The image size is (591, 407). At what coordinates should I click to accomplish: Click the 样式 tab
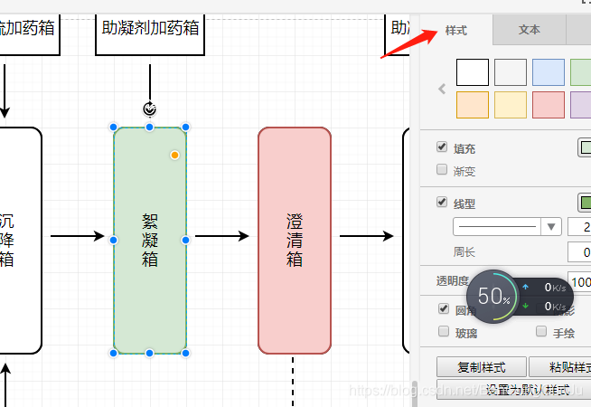tap(455, 30)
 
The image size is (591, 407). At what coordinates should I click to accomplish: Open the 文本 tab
tap(530, 30)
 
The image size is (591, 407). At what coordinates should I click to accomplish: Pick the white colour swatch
tap(473, 71)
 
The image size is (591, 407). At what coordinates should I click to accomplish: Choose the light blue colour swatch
tap(549, 71)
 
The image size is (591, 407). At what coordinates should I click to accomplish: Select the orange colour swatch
tap(473, 104)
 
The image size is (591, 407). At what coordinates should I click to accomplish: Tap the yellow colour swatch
tap(511, 104)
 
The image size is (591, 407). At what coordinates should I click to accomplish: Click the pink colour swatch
tap(549, 104)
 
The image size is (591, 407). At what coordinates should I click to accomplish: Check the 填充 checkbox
tap(442, 147)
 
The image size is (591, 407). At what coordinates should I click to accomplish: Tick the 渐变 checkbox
tap(442, 169)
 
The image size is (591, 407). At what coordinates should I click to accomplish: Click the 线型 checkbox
tap(442, 203)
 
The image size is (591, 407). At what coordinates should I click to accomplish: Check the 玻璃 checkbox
tap(442, 331)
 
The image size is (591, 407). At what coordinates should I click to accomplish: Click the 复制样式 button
tap(480, 367)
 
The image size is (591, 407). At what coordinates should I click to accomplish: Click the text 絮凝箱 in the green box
tap(150, 240)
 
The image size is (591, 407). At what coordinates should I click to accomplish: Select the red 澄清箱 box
tap(294, 240)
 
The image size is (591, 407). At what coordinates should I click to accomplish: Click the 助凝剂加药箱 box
tap(150, 28)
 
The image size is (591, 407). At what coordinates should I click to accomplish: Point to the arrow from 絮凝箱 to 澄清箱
tap(221, 236)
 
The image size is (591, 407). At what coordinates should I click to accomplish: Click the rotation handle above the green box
tap(150, 109)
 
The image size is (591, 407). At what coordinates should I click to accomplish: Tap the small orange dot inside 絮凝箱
tap(174, 155)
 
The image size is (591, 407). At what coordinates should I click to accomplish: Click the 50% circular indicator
tap(493, 296)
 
